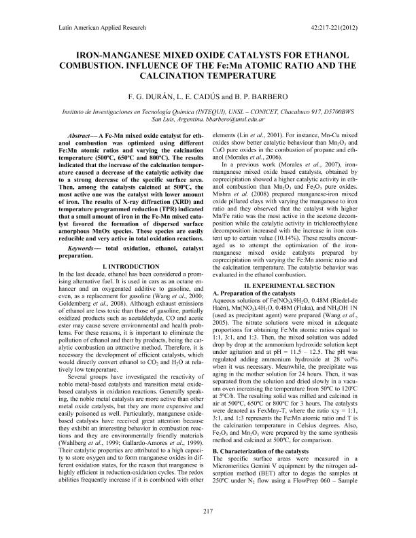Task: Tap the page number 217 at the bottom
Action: pyautogui.click(x=208, y=511)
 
